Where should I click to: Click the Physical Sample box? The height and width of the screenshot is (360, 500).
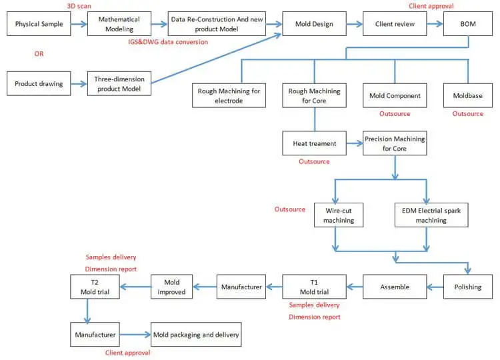[39, 24]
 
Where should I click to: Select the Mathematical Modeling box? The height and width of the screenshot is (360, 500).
[119, 24]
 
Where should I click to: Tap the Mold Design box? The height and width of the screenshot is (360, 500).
[314, 24]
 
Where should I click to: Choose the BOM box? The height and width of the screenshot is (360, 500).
[468, 24]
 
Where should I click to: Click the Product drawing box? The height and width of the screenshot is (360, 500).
[39, 83]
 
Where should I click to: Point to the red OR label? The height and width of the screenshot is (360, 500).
[39, 54]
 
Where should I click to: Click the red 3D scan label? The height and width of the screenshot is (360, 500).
[79, 6]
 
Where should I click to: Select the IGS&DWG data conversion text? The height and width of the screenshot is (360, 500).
[168, 42]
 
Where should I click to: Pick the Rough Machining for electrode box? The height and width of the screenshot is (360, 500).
[229, 95]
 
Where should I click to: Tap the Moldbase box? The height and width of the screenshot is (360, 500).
[468, 95]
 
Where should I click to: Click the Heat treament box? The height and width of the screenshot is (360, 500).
[315, 143]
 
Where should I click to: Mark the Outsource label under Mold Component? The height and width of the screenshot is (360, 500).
[395, 114]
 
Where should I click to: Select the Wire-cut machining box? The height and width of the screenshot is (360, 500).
[339, 215]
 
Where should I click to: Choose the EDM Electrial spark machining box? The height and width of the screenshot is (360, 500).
[431, 215]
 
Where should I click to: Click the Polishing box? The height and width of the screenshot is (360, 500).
[468, 287]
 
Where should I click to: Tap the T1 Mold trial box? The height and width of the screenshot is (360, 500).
[315, 287]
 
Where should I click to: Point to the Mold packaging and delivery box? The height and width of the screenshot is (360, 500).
[196, 335]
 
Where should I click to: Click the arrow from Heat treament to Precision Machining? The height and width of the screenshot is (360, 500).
[355, 143]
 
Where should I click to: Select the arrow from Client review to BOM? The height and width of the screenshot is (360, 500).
[435, 24]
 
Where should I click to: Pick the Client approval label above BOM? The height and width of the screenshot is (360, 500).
[431, 6]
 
